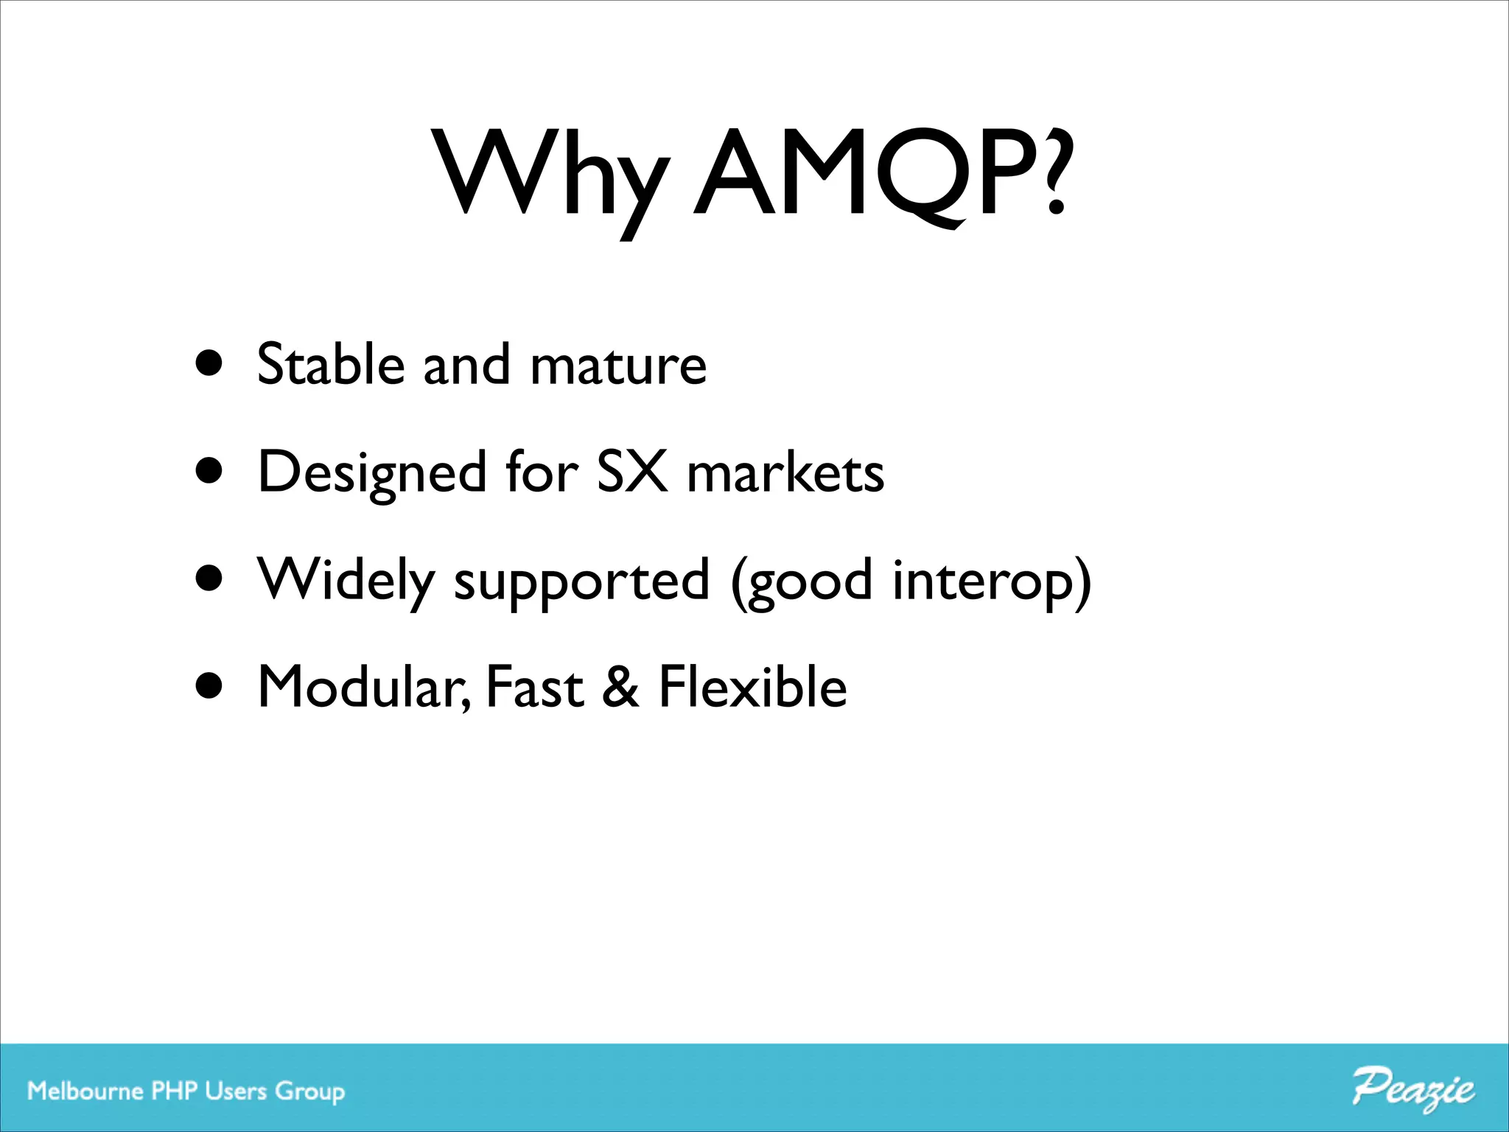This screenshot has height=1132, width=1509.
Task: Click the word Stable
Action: [331, 363]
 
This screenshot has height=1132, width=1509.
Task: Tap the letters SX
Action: [631, 471]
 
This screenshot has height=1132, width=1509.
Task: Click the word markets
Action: [785, 472]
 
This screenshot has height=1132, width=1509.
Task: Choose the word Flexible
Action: [752, 686]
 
